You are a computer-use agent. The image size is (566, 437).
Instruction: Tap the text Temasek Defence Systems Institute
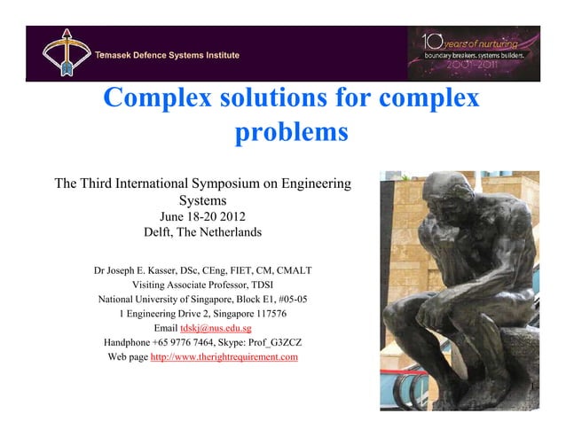point(168,56)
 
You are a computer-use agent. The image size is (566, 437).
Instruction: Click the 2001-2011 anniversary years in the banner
point(473,66)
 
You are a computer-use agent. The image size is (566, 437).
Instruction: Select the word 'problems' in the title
point(290,133)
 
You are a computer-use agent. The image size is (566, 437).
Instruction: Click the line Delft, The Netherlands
point(202,233)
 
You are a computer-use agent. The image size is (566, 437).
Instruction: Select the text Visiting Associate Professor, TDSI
point(202,285)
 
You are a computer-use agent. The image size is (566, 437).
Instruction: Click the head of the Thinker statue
point(446,193)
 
